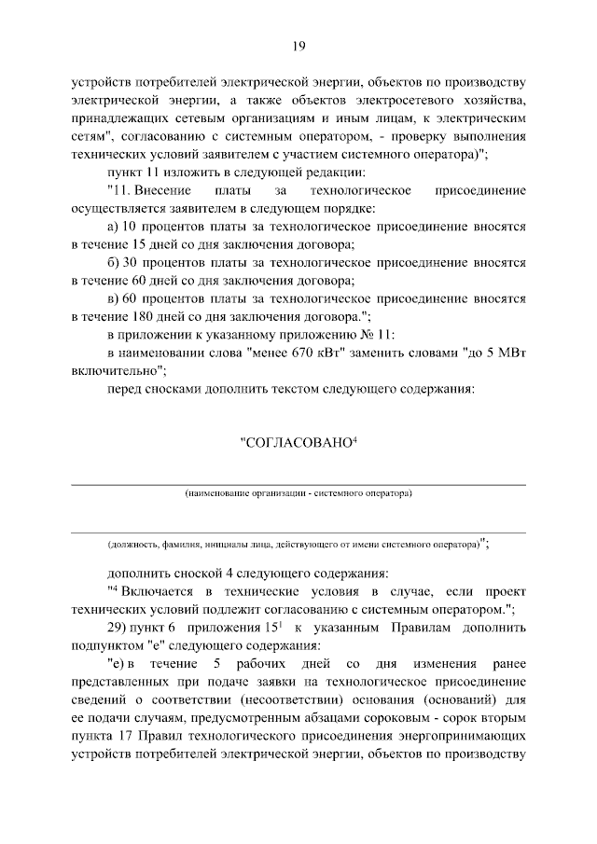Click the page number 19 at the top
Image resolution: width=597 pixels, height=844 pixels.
298,46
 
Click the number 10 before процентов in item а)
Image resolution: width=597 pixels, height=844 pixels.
129,227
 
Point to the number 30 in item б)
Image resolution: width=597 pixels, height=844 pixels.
129,262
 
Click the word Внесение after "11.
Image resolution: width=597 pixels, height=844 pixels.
162,191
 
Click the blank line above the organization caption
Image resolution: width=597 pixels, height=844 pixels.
298,484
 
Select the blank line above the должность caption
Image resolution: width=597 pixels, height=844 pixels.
298,533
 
